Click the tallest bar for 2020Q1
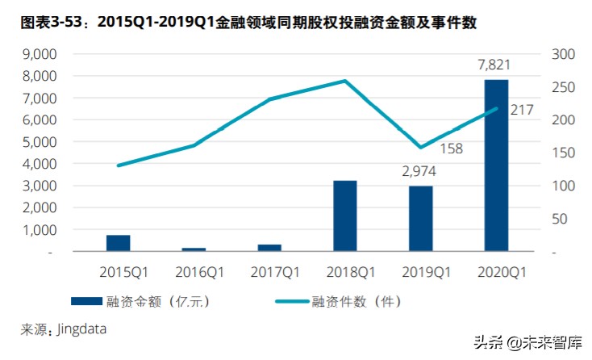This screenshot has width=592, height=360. click(496, 165)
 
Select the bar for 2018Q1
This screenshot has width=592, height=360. click(344, 216)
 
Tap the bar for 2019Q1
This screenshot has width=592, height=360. click(420, 219)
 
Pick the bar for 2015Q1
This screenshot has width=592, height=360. click(118, 243)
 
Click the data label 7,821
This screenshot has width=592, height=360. click(494, 65)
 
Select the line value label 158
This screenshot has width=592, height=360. click(451, 149)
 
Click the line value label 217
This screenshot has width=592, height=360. click(522, 109)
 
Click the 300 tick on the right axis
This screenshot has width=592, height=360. click(561, 54)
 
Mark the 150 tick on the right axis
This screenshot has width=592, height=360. click(561, 153)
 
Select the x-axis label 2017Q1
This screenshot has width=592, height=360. click(269, 273)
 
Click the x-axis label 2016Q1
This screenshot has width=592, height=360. click(194, 273)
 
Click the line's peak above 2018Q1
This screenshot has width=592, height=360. click(344, 81)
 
